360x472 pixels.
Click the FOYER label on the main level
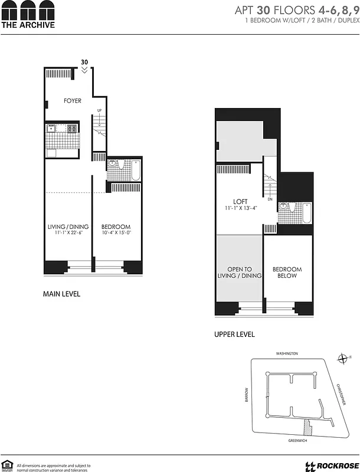point(73,101)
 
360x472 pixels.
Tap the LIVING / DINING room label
point(68,227)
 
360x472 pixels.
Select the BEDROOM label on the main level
point(116,227)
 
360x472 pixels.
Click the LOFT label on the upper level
point(240,201)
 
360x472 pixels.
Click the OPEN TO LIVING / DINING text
point(240,273)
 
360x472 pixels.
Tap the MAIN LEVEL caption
point(61,294)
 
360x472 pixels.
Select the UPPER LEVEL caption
point(234,335)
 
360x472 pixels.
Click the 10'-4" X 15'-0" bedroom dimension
point(116,234)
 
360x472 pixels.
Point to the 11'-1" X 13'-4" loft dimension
point(240,208)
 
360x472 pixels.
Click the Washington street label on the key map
point(287,353)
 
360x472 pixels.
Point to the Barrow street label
point(248,396)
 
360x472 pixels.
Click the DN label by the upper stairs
point(270,199)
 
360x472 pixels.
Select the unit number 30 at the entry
point(84,61)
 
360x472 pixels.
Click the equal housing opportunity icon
point(8,465)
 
